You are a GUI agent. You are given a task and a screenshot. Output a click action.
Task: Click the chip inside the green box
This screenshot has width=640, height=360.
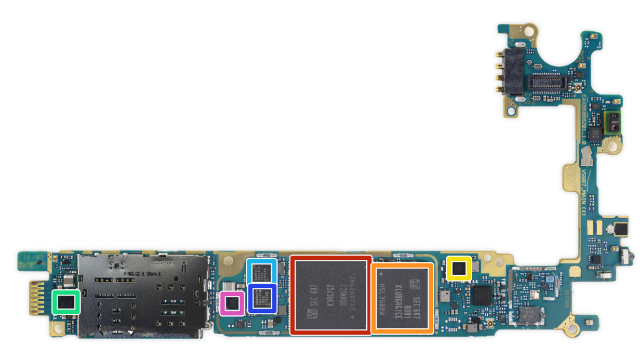[x=66, y=302]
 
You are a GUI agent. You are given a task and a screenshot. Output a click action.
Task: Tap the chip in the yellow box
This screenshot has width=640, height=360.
[x=459, y=268]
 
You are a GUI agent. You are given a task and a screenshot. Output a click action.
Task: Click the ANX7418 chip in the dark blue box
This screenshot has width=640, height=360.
[x=262, y=298]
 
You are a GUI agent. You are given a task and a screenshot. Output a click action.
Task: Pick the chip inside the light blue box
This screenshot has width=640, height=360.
[x=262, y=271]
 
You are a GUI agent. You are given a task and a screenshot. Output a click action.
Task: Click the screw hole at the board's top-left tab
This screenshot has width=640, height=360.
[x=529, y=31]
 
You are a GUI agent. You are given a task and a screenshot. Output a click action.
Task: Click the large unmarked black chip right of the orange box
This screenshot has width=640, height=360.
[x=482, y=295]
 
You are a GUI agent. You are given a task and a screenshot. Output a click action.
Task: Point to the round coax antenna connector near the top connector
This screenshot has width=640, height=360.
[x=576, y=89]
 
